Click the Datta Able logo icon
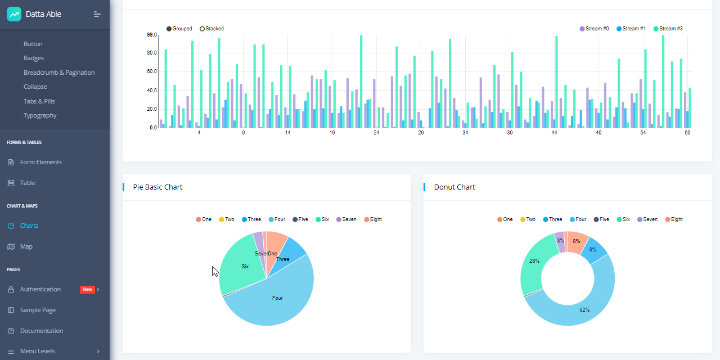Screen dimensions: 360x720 [x=14, y=14]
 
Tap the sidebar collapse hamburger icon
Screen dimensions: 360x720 [x=97, y=14]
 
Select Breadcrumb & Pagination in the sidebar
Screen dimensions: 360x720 [x=59, y=73]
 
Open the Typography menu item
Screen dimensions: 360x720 [x=40, y=115]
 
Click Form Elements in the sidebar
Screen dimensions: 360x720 [x=41, y=162]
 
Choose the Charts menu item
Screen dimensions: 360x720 [x=29, y=226]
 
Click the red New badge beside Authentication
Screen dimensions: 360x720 [x=87, y=289]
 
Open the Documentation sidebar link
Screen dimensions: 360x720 [x=42, y=331]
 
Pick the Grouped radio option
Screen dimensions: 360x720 [x=179, y=29]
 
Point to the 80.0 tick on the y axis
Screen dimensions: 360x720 [x=152, y=53]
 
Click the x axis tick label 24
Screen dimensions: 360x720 [x=376, y=133]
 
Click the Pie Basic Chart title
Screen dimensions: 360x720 [x=157, y=187]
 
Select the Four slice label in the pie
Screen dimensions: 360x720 [x=277, y=298]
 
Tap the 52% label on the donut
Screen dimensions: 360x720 [x=584, y=310]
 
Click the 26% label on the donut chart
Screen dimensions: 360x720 [x=534, y=261]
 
